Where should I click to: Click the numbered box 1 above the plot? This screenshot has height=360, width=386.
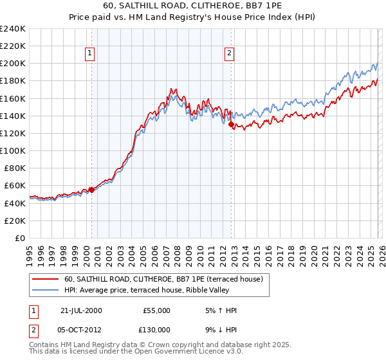(89, 54)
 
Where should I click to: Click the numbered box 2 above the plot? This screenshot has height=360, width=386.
(230, 54)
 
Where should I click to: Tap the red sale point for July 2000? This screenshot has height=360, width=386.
(91, 190)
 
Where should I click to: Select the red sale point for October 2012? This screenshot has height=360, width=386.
(231, 125)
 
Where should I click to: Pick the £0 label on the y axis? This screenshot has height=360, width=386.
(19, 238)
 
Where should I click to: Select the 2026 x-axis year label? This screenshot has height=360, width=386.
(381, 251)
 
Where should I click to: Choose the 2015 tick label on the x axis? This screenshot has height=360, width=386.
(257, 251)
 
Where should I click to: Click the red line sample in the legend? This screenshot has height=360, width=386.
(46, 280)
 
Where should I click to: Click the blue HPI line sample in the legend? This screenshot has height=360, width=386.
(46, 291)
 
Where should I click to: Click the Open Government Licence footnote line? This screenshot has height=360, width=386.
(136, 352)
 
